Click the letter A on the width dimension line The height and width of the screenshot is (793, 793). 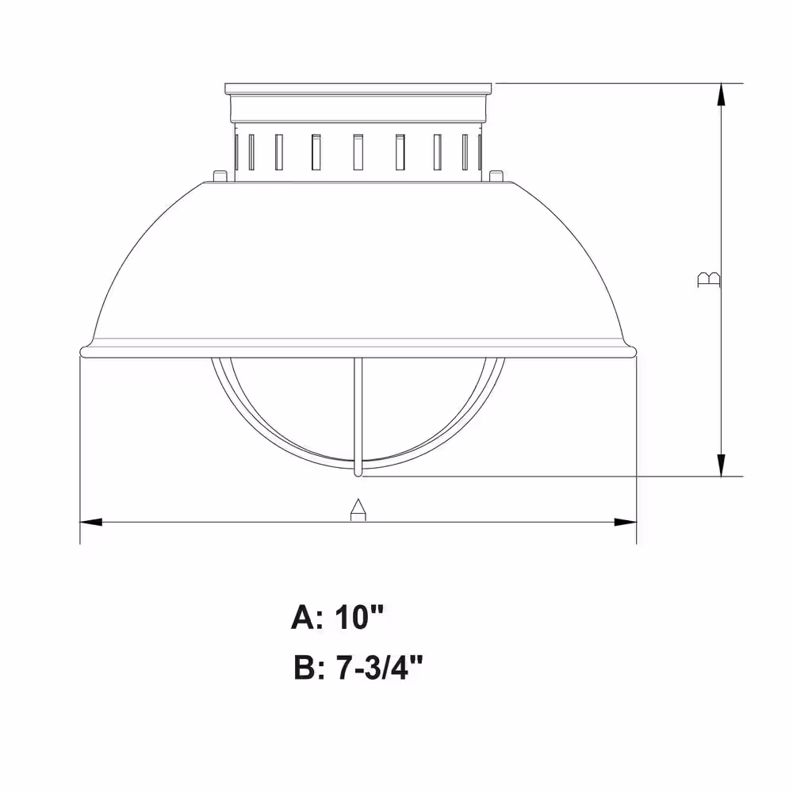tap(358, 509)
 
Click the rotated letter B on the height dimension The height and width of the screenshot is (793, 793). tap(708, 280)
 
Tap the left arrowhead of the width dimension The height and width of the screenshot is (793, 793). tap(91, 522)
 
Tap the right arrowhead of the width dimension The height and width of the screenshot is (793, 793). tap(625, 522)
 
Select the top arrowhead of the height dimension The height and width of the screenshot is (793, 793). tap(722, 94)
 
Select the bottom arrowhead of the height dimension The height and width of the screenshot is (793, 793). tap(722, 465)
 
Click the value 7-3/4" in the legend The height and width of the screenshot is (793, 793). tap(379, 668)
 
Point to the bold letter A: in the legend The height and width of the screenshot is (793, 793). tap(307, 617)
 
